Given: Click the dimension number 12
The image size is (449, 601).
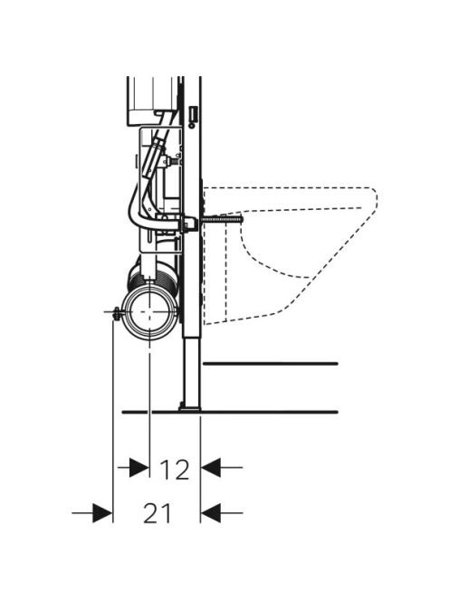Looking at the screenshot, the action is pyautogui.click(x=175, y=469).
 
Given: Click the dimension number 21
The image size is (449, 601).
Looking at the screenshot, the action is pyautogui.click(x=157, y=513).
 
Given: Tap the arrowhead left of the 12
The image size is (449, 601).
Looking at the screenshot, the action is pyautogui.click(x=139, y=468).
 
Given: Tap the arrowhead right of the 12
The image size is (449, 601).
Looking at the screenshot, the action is pyautogui.click(x=211, y=468).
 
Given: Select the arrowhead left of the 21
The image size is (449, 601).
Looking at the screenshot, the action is pyautogui.click(x=103, y=513).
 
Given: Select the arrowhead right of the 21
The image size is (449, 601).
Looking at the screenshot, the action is pyautogui.click(x=211, y=513).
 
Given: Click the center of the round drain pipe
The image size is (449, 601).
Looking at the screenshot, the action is pyautogui.click(x=149, y=312).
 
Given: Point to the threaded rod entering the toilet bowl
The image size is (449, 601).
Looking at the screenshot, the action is pyautogui.click(x=221, y=220).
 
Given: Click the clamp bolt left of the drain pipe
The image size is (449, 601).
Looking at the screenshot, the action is pyautogui.click(x=115, y=313).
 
